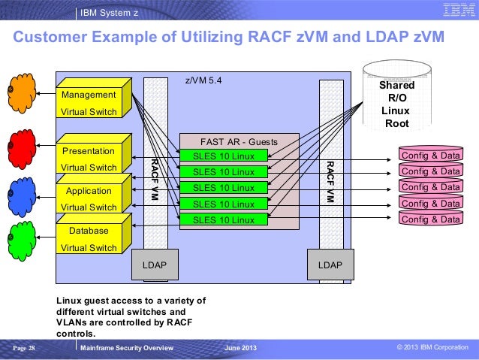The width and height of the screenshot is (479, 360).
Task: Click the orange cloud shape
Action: [21, 93]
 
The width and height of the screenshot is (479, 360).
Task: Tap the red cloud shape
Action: [21, 150]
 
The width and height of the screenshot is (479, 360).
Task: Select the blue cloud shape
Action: [21, 197]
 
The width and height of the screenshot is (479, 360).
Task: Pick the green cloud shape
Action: [21, 241]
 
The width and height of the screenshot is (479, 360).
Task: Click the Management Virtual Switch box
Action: [94, 98]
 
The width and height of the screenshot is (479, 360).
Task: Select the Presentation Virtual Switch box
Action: [94, 153]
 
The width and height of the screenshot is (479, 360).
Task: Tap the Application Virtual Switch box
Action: [94, 193]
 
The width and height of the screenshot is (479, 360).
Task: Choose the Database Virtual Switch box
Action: [94, 234]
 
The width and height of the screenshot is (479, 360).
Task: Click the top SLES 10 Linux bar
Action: [224, 156]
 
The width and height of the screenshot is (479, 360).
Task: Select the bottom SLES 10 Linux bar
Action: [224, 219]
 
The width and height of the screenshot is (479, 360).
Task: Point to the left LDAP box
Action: [155, 265]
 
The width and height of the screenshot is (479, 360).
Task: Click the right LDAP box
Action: [330, 265]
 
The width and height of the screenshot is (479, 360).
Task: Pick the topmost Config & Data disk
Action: [431, 154]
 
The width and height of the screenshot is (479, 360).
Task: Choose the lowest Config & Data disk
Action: [431, 218]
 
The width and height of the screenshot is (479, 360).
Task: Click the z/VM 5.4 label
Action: [203, 80]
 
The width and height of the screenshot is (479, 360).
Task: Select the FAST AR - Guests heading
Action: [239, 142]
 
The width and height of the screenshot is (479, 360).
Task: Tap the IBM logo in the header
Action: [459, 10]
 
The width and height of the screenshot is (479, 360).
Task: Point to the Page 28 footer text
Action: [24, 348]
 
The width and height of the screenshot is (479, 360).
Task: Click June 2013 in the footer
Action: [240, 348]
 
